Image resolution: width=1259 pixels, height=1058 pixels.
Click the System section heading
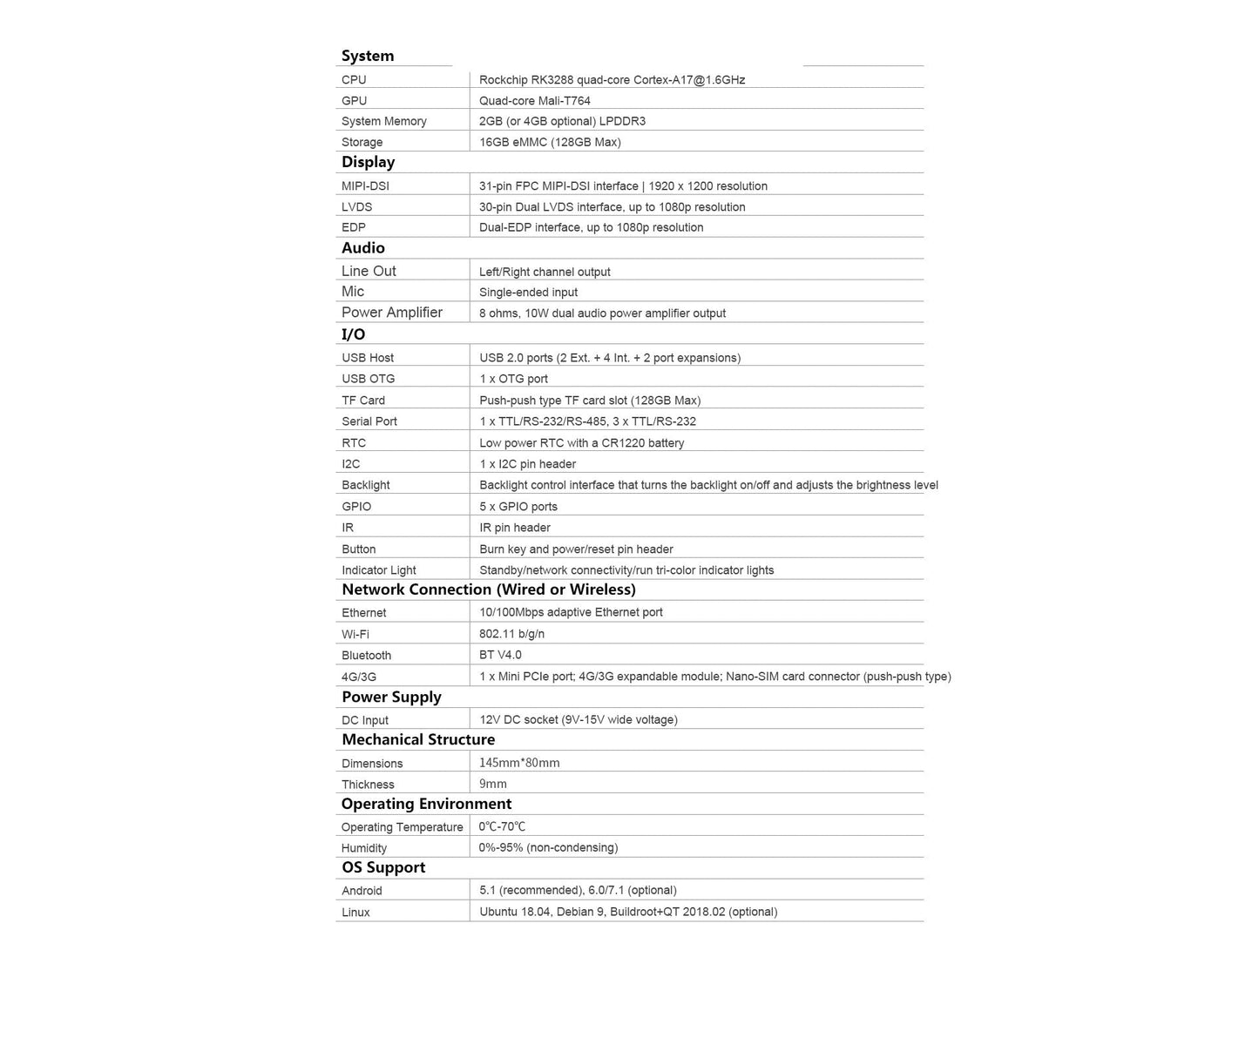click(x=367, y=56)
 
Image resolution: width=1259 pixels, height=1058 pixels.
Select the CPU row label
click(x=354, y=80)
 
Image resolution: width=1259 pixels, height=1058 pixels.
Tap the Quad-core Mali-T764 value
click(x=534, y=101)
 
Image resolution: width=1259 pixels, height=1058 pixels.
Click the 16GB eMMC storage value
click(x=549, y=142)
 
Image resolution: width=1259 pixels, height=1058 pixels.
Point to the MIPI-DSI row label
click(x=365, y=186)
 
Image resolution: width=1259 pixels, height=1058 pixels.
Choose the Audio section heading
click(x=362, y=248)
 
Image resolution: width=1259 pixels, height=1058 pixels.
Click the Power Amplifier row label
click(x=391, y=313)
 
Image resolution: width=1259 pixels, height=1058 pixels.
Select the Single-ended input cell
click(x=528, y=293)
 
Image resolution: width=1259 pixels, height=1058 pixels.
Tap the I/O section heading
click(x=353, y=334)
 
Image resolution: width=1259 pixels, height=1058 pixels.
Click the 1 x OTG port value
click(x=513, y=379)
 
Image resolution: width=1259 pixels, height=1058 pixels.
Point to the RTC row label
click(x=354, y=443)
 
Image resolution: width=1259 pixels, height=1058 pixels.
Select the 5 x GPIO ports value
click(x=518, y=507)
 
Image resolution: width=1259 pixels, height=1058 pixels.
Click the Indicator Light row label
click(x=378, y=570)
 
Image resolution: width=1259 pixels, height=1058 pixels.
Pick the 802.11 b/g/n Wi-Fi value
click(x=511, y=634)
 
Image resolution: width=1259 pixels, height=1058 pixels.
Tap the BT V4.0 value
click(x=500, y=655)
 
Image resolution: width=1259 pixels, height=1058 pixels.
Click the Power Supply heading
click(x=391, y=697)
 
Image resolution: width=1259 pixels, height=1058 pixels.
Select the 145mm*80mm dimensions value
click(x=519, y=763)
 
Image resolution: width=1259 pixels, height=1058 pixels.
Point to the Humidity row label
click(x=363, y=848)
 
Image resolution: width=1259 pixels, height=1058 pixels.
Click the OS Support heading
click(x=383, y=867)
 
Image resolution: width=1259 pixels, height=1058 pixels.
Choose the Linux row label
click(x=355, y=913)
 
